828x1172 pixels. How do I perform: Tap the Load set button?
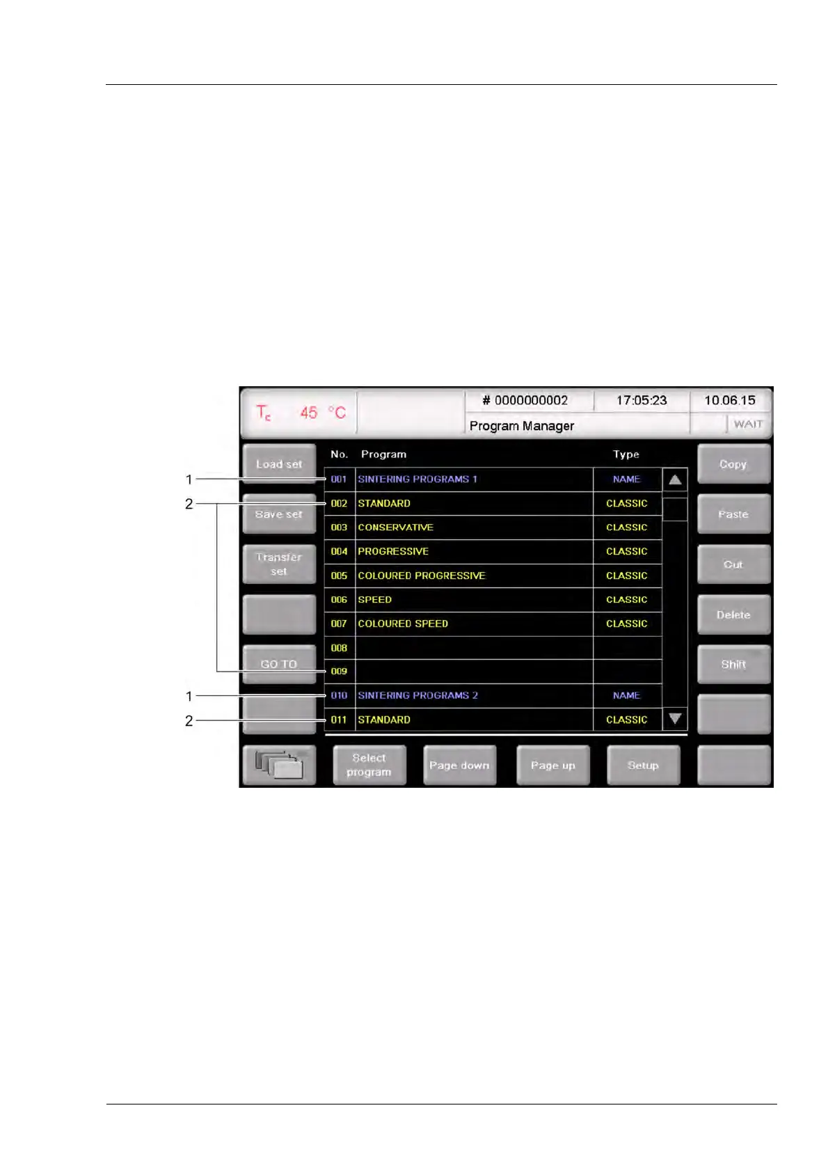pyautogui.click(x=279, y=464)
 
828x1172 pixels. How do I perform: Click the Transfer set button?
pyautogui.click(x=279, y=564)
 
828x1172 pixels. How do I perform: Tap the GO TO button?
pyautogui.click(x=279, y=664)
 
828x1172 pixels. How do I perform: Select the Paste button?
pyautogui.click(x=733, y=514)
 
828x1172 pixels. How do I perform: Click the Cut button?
pyautogui.click(x=733, y=564)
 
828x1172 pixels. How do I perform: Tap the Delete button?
pyautogui.click(x=733, y=615)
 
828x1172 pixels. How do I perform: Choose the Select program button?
pyautogui.click(x=369, y=765)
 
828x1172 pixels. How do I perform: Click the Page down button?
pyautogui.click(x=459, y=765)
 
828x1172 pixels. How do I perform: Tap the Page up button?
pyautogui.click(x=552, y=765)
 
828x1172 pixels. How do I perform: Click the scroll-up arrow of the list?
pyautogui.click(x=674, y=480)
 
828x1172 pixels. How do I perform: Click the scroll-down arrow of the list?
pyautogui.click(x=674, y=718)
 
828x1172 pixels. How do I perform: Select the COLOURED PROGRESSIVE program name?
pyautogui.click(x=422, y=576)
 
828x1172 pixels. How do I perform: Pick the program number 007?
pyautogui.click(x=339, y=624)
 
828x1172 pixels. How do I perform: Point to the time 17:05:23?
pyautogui.click(x=641, y=400)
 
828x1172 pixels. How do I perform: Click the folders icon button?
pyautogui.click(x=279, y=765)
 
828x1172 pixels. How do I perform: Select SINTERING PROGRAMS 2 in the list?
pyautogui.click(x=417, y=695)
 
